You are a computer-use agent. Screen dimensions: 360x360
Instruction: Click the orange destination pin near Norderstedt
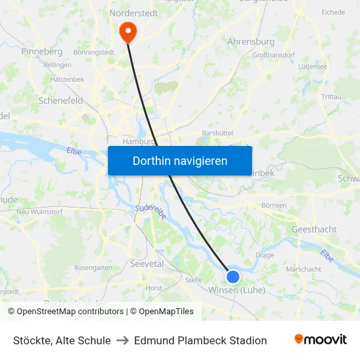126,31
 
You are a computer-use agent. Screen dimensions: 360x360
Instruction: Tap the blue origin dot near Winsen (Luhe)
232,276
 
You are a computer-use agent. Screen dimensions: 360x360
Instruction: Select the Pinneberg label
41,51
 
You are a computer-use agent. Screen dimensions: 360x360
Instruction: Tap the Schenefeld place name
61,101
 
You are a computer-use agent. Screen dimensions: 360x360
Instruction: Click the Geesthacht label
314,229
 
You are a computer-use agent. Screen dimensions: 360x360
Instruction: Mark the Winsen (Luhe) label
237,290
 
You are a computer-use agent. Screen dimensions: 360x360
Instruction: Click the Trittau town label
331,96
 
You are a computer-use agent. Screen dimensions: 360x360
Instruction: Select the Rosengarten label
93,268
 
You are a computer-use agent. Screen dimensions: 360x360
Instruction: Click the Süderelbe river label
151,212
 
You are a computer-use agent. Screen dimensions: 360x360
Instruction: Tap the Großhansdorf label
278,56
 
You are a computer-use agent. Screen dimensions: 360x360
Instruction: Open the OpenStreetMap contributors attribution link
71,312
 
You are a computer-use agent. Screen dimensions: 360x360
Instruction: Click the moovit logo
320,340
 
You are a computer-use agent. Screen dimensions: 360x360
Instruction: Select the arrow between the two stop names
122,340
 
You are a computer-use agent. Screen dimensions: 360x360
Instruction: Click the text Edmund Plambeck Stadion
200,340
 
